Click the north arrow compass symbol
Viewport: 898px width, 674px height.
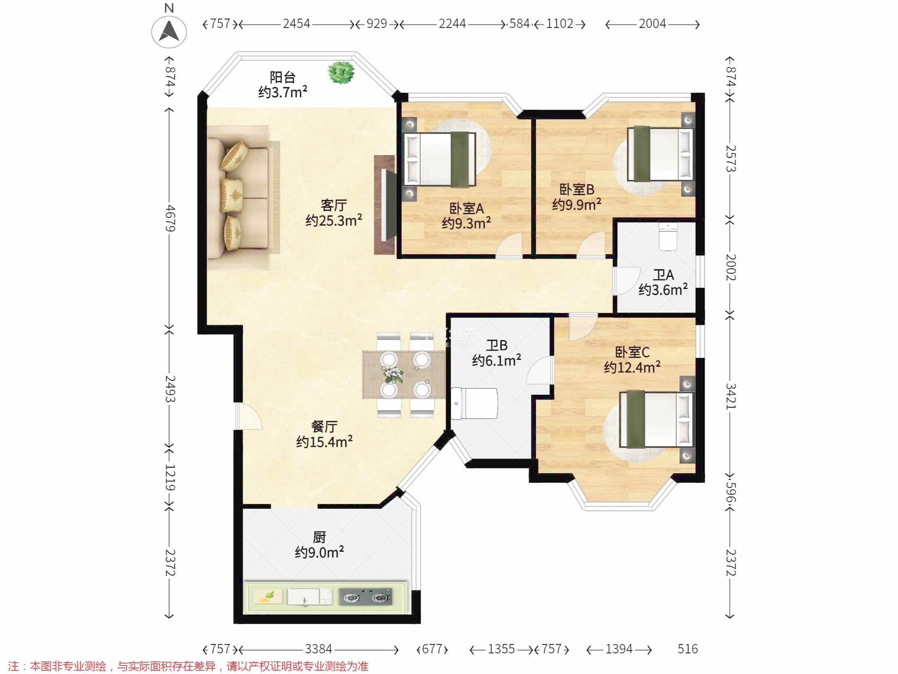coord(169,31)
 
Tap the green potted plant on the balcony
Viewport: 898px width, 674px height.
coord(341,73)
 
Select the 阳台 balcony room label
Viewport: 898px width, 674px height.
coord(283,77)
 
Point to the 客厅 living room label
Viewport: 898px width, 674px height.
coord(333,205)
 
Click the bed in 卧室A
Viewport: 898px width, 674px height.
coord(440,159)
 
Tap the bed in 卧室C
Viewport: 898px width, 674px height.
coord(656,419)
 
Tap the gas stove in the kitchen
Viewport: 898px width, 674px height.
coord(365,597)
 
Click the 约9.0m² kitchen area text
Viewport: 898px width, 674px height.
coord(319,552)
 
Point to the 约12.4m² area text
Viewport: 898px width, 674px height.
coord(632,367)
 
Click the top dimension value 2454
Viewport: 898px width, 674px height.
coord(297,23)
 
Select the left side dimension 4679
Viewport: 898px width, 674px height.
coord(171,218)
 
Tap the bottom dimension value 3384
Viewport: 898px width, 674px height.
coord(319,649)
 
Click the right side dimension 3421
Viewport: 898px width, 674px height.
coord(731,396)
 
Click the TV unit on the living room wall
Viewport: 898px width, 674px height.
coord(384,205)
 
